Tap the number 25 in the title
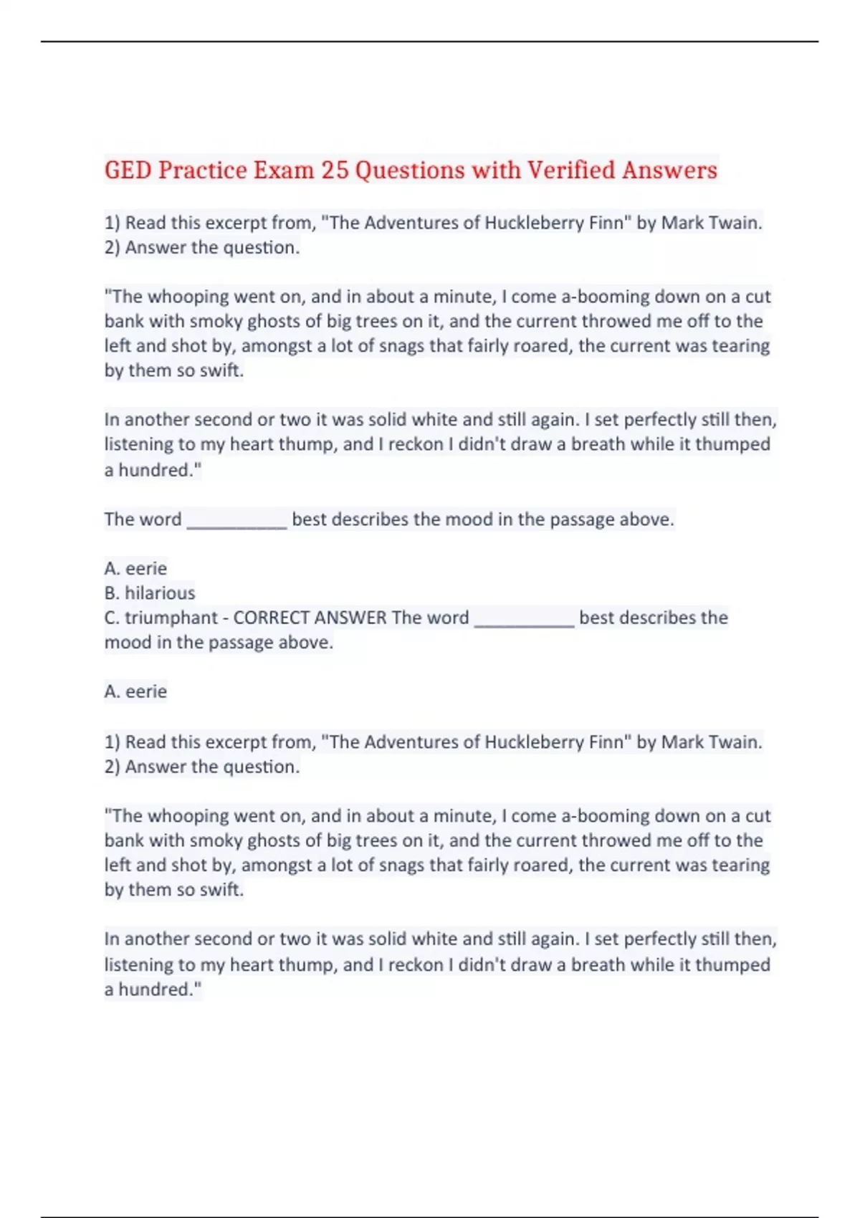point(334,171)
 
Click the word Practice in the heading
point(202,171)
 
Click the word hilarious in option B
point(160,593)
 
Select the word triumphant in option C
point(171,618)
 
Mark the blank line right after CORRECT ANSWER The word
point(524,622)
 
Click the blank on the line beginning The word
point(236,524)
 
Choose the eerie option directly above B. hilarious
point(145,569)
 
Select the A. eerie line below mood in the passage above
point(135,691)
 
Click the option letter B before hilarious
point(110,593)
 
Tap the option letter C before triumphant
point(110,618)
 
